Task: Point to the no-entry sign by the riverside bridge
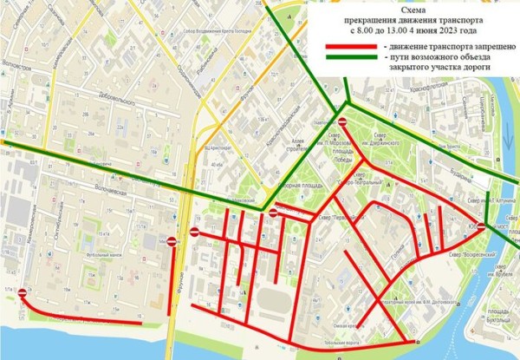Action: tap(481, 226)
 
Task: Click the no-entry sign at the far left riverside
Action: tap(19, 293)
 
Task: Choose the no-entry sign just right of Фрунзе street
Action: tap(194, 232)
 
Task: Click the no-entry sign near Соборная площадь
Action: tap(274, 213)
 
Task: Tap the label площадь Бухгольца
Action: tap(496, 314)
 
